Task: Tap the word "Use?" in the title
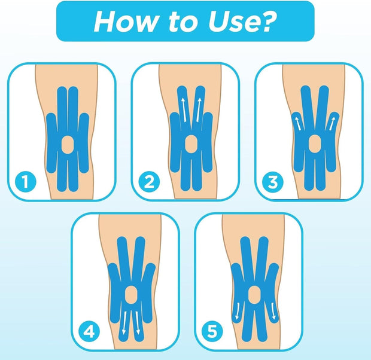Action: point(242,22)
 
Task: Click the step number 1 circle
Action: point(26,182)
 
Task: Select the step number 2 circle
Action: point(149,182)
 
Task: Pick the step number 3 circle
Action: point(273,182)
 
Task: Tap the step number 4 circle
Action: point(89,332)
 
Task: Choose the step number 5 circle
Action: point(212,331)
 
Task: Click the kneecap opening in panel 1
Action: point(68,145)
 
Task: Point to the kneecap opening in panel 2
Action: point(191,144)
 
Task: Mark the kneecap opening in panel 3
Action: point(315,144)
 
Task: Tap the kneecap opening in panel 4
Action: point(130,294)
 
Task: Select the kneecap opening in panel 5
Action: point(254,294)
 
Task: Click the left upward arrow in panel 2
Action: point(184,110)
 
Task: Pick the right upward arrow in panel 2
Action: point(199,110)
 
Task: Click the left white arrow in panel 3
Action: point(298,123)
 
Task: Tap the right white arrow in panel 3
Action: point(332,123)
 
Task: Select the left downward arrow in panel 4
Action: point(123,323)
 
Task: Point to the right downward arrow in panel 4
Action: point(138,323)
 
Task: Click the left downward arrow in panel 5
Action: point(237,311)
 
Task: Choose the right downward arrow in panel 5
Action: point(273,311)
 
